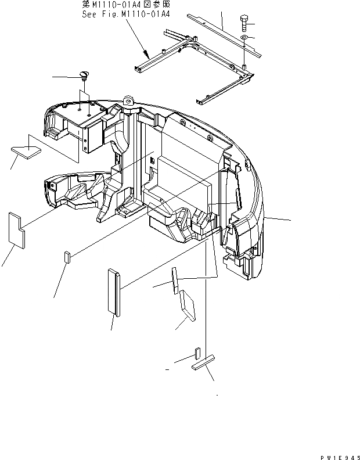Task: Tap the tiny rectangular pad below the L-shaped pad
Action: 67,257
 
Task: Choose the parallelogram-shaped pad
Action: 188,306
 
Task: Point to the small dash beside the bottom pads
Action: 167,369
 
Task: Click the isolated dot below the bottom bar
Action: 217,396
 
